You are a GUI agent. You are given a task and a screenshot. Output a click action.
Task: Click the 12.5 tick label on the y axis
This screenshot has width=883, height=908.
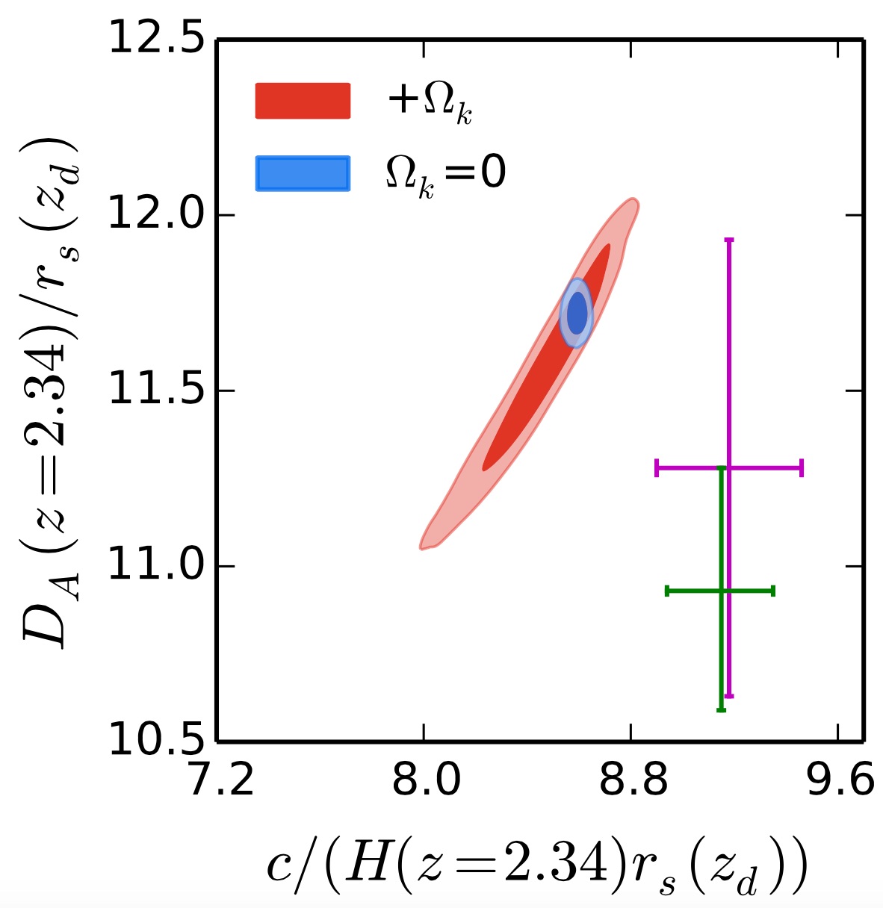click(x=156, y=39)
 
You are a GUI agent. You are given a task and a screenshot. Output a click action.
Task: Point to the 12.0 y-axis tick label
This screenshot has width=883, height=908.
click(x=156, y=215)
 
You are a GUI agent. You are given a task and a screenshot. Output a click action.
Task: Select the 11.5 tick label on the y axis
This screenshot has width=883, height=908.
click(x=156, y=391)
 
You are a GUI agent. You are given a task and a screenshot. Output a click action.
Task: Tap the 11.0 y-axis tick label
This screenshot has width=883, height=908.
click(x=156, y=567)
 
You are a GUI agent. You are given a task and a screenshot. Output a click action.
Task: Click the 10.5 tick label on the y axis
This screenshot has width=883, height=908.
click(x=156, y=741)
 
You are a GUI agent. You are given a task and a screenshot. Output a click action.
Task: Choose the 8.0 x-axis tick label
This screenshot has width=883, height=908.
click(x=424, y=782)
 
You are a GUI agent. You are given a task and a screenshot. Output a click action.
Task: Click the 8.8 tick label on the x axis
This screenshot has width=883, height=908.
click(x=631, y=782)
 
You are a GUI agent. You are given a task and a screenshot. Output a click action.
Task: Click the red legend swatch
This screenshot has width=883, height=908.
click(x=303, y=101)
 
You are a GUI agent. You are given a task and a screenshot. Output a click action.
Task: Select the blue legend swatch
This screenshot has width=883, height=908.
click(x=303, y=173)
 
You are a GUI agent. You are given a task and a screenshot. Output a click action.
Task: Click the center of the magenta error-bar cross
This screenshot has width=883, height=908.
click(x=729, y=468)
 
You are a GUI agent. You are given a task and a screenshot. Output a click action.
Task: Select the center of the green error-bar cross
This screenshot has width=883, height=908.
click(x=721, y=591)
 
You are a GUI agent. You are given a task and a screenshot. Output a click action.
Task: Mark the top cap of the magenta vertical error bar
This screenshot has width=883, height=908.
click(x=729, y=240)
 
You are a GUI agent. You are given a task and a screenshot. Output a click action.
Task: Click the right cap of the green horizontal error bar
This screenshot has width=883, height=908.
click(x=773, y=591)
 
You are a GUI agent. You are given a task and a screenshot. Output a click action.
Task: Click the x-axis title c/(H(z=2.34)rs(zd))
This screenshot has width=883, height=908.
click(x=536, y=871)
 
